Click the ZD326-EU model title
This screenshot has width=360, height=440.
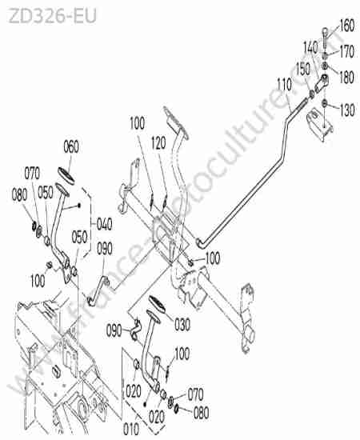53,16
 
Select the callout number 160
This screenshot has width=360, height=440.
347,26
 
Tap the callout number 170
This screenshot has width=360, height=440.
347,51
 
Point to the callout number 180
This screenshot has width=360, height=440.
346,77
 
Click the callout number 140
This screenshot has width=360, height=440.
311,48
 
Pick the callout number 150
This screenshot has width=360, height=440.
303,69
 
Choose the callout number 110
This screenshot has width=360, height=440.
284,85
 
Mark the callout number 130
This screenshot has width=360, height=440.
347,110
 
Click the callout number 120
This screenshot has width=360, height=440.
158,143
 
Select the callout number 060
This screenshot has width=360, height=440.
71,146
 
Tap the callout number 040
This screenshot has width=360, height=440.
105,225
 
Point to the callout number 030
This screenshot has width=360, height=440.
182,324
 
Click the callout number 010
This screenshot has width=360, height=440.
131,429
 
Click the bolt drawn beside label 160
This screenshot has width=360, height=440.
325,38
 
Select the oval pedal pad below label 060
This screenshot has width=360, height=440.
66,176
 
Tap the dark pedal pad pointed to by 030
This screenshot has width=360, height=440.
157,304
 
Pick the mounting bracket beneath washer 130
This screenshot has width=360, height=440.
319,125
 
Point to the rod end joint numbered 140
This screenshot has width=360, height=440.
322,82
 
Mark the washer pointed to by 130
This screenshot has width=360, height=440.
324,103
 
